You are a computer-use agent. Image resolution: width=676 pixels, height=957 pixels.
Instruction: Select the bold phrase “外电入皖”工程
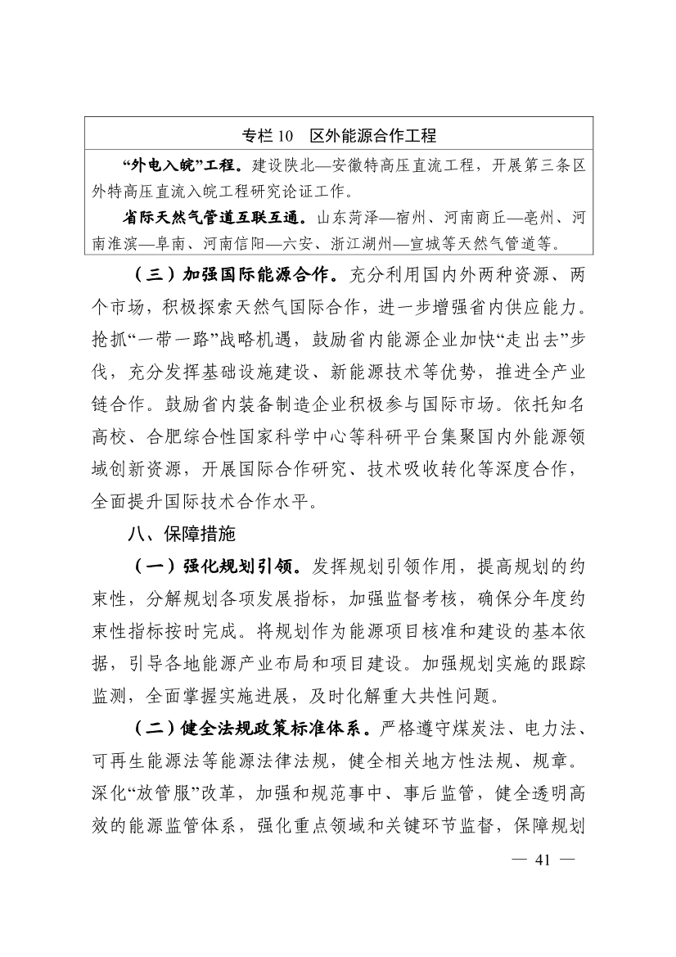[181, 166]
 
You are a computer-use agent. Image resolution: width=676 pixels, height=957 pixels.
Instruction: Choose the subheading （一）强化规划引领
[214, 567]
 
